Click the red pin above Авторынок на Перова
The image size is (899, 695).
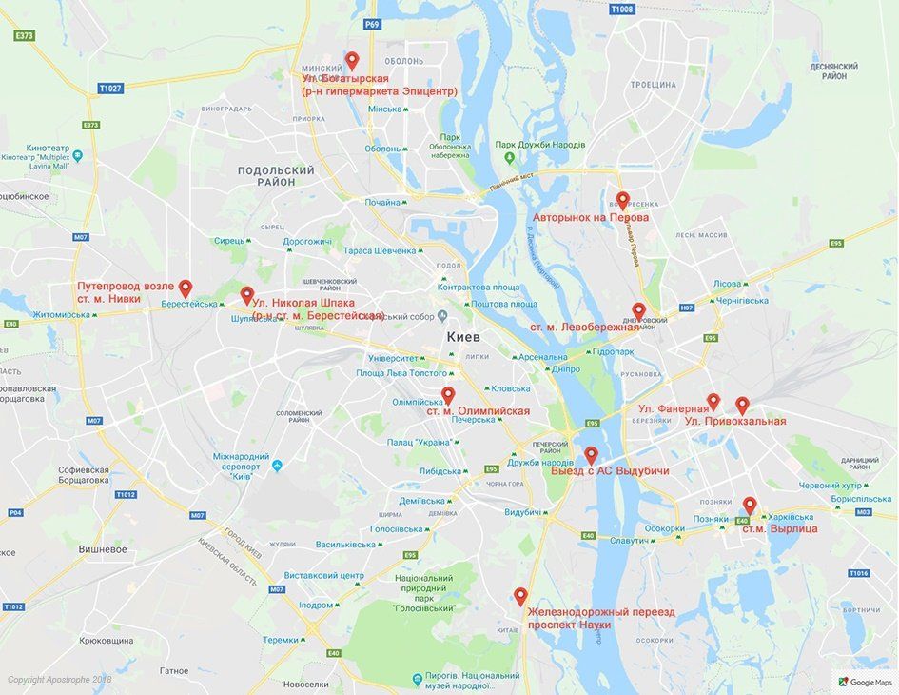pyautogui.click(x=622, y=200)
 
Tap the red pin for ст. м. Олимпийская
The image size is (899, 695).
pyautogui.click(x=448, y=394)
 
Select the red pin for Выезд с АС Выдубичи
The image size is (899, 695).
pyautogui.click(x=590, y=455)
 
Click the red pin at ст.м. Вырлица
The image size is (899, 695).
pyautogui.click(x=750, y=506)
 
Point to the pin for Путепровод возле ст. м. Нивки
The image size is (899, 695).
pyautogui.click(x=186, y=288)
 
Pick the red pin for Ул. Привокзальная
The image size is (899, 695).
pyautogui.click(x=742, y=406)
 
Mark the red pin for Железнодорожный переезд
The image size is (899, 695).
pyautogui.click(x=520, y=596)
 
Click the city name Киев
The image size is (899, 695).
pyautogui.click(x=463, y=338)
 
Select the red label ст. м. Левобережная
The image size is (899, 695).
pyautogui.click(x=584, y=327)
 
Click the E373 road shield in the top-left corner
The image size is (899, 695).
pyautogui.click(x=25, y=35)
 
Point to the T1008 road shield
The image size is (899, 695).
pyautogui.click(x=621, y=10)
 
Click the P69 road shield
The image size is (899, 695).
pyautogui.click(x=372, y=24)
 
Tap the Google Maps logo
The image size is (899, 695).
pyautogui.click(x=864, y=682)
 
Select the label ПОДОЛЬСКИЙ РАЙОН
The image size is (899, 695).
pyautogui.click(x=276, y=175)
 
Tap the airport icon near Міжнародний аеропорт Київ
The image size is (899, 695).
pyautogui.click(x=277, y=466)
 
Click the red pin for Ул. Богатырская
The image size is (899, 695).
pyautogui.click(x=352, y=60)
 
